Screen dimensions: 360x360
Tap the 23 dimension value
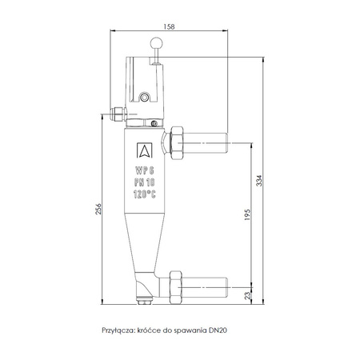(247, 295)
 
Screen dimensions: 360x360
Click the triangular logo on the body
(144, 150)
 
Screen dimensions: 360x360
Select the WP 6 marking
(145, 170)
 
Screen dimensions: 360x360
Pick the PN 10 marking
(145, 182)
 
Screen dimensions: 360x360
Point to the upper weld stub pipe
(209, 145)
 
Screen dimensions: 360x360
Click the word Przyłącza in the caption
(118, 328)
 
